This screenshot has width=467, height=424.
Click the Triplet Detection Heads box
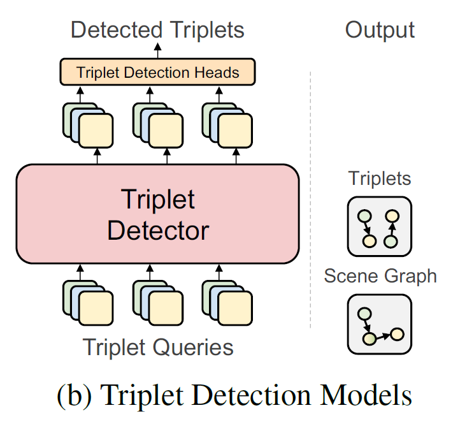157,72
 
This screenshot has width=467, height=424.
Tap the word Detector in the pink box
157,230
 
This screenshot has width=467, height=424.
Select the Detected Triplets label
157,29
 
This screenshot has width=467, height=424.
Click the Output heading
380,29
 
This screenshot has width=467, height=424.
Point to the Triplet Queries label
157,347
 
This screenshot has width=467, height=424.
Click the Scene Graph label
380,275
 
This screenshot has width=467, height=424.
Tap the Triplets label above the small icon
380,178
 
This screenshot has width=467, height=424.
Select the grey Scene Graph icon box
379,323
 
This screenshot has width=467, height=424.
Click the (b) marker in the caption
76,396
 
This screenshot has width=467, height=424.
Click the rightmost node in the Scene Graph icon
398,333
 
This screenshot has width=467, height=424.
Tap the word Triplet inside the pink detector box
157,200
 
